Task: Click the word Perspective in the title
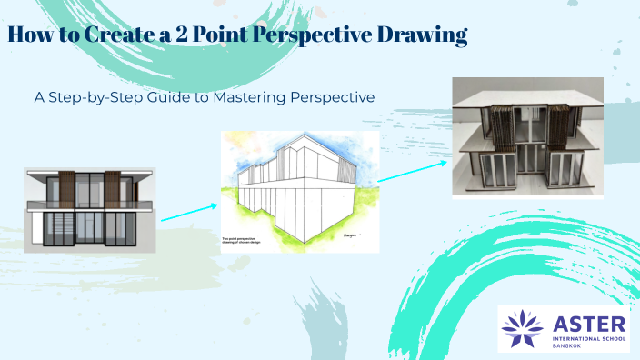click(309, 37)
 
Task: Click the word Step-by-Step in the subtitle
click(95, 95)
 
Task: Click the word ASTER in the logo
click(586, 319)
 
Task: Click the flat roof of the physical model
click(527, 93)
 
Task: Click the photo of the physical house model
click(527, 137)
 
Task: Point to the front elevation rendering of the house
click(89, 209)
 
